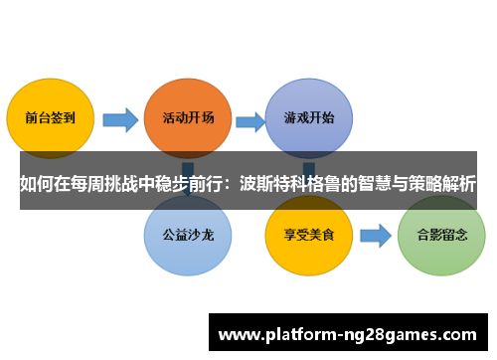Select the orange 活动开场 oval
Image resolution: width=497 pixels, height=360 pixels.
(187, 117)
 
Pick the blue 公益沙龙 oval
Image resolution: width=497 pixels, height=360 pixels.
(187, 238)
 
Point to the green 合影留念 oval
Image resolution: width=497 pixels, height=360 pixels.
(440, 238)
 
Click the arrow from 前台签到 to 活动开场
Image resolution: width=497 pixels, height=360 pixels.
(120, 120)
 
